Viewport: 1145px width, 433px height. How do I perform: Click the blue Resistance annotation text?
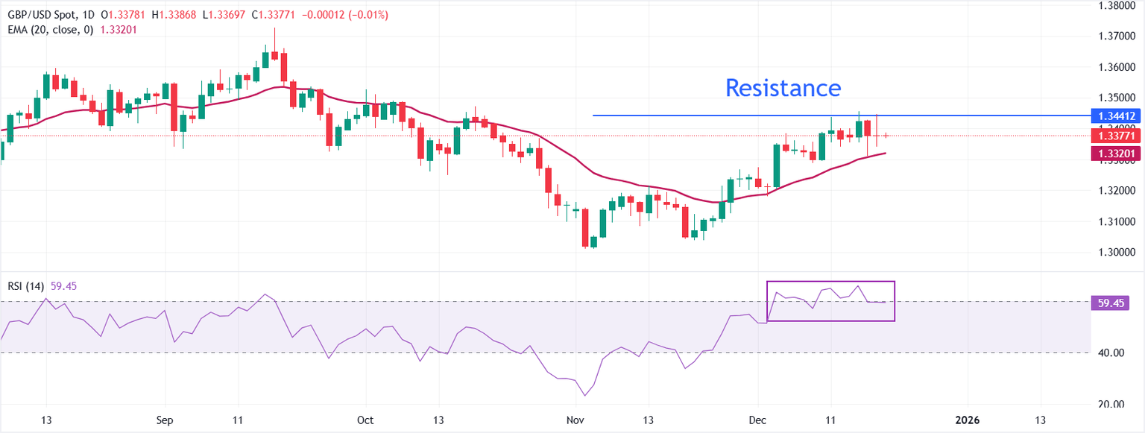point(783,88)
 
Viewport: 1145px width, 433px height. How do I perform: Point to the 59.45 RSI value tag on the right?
point(1111,303)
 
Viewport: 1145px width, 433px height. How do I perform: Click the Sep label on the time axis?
point(165,420)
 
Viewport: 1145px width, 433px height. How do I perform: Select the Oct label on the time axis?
point(365,420)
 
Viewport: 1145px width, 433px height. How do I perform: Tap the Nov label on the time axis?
point(575,420)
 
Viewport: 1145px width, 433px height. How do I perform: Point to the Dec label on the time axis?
point(758,420)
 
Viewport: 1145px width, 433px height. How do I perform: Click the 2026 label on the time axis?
point(967,420)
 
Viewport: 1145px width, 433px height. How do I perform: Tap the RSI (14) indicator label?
point(24,286)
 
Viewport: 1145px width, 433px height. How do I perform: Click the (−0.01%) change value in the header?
point(364,15)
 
